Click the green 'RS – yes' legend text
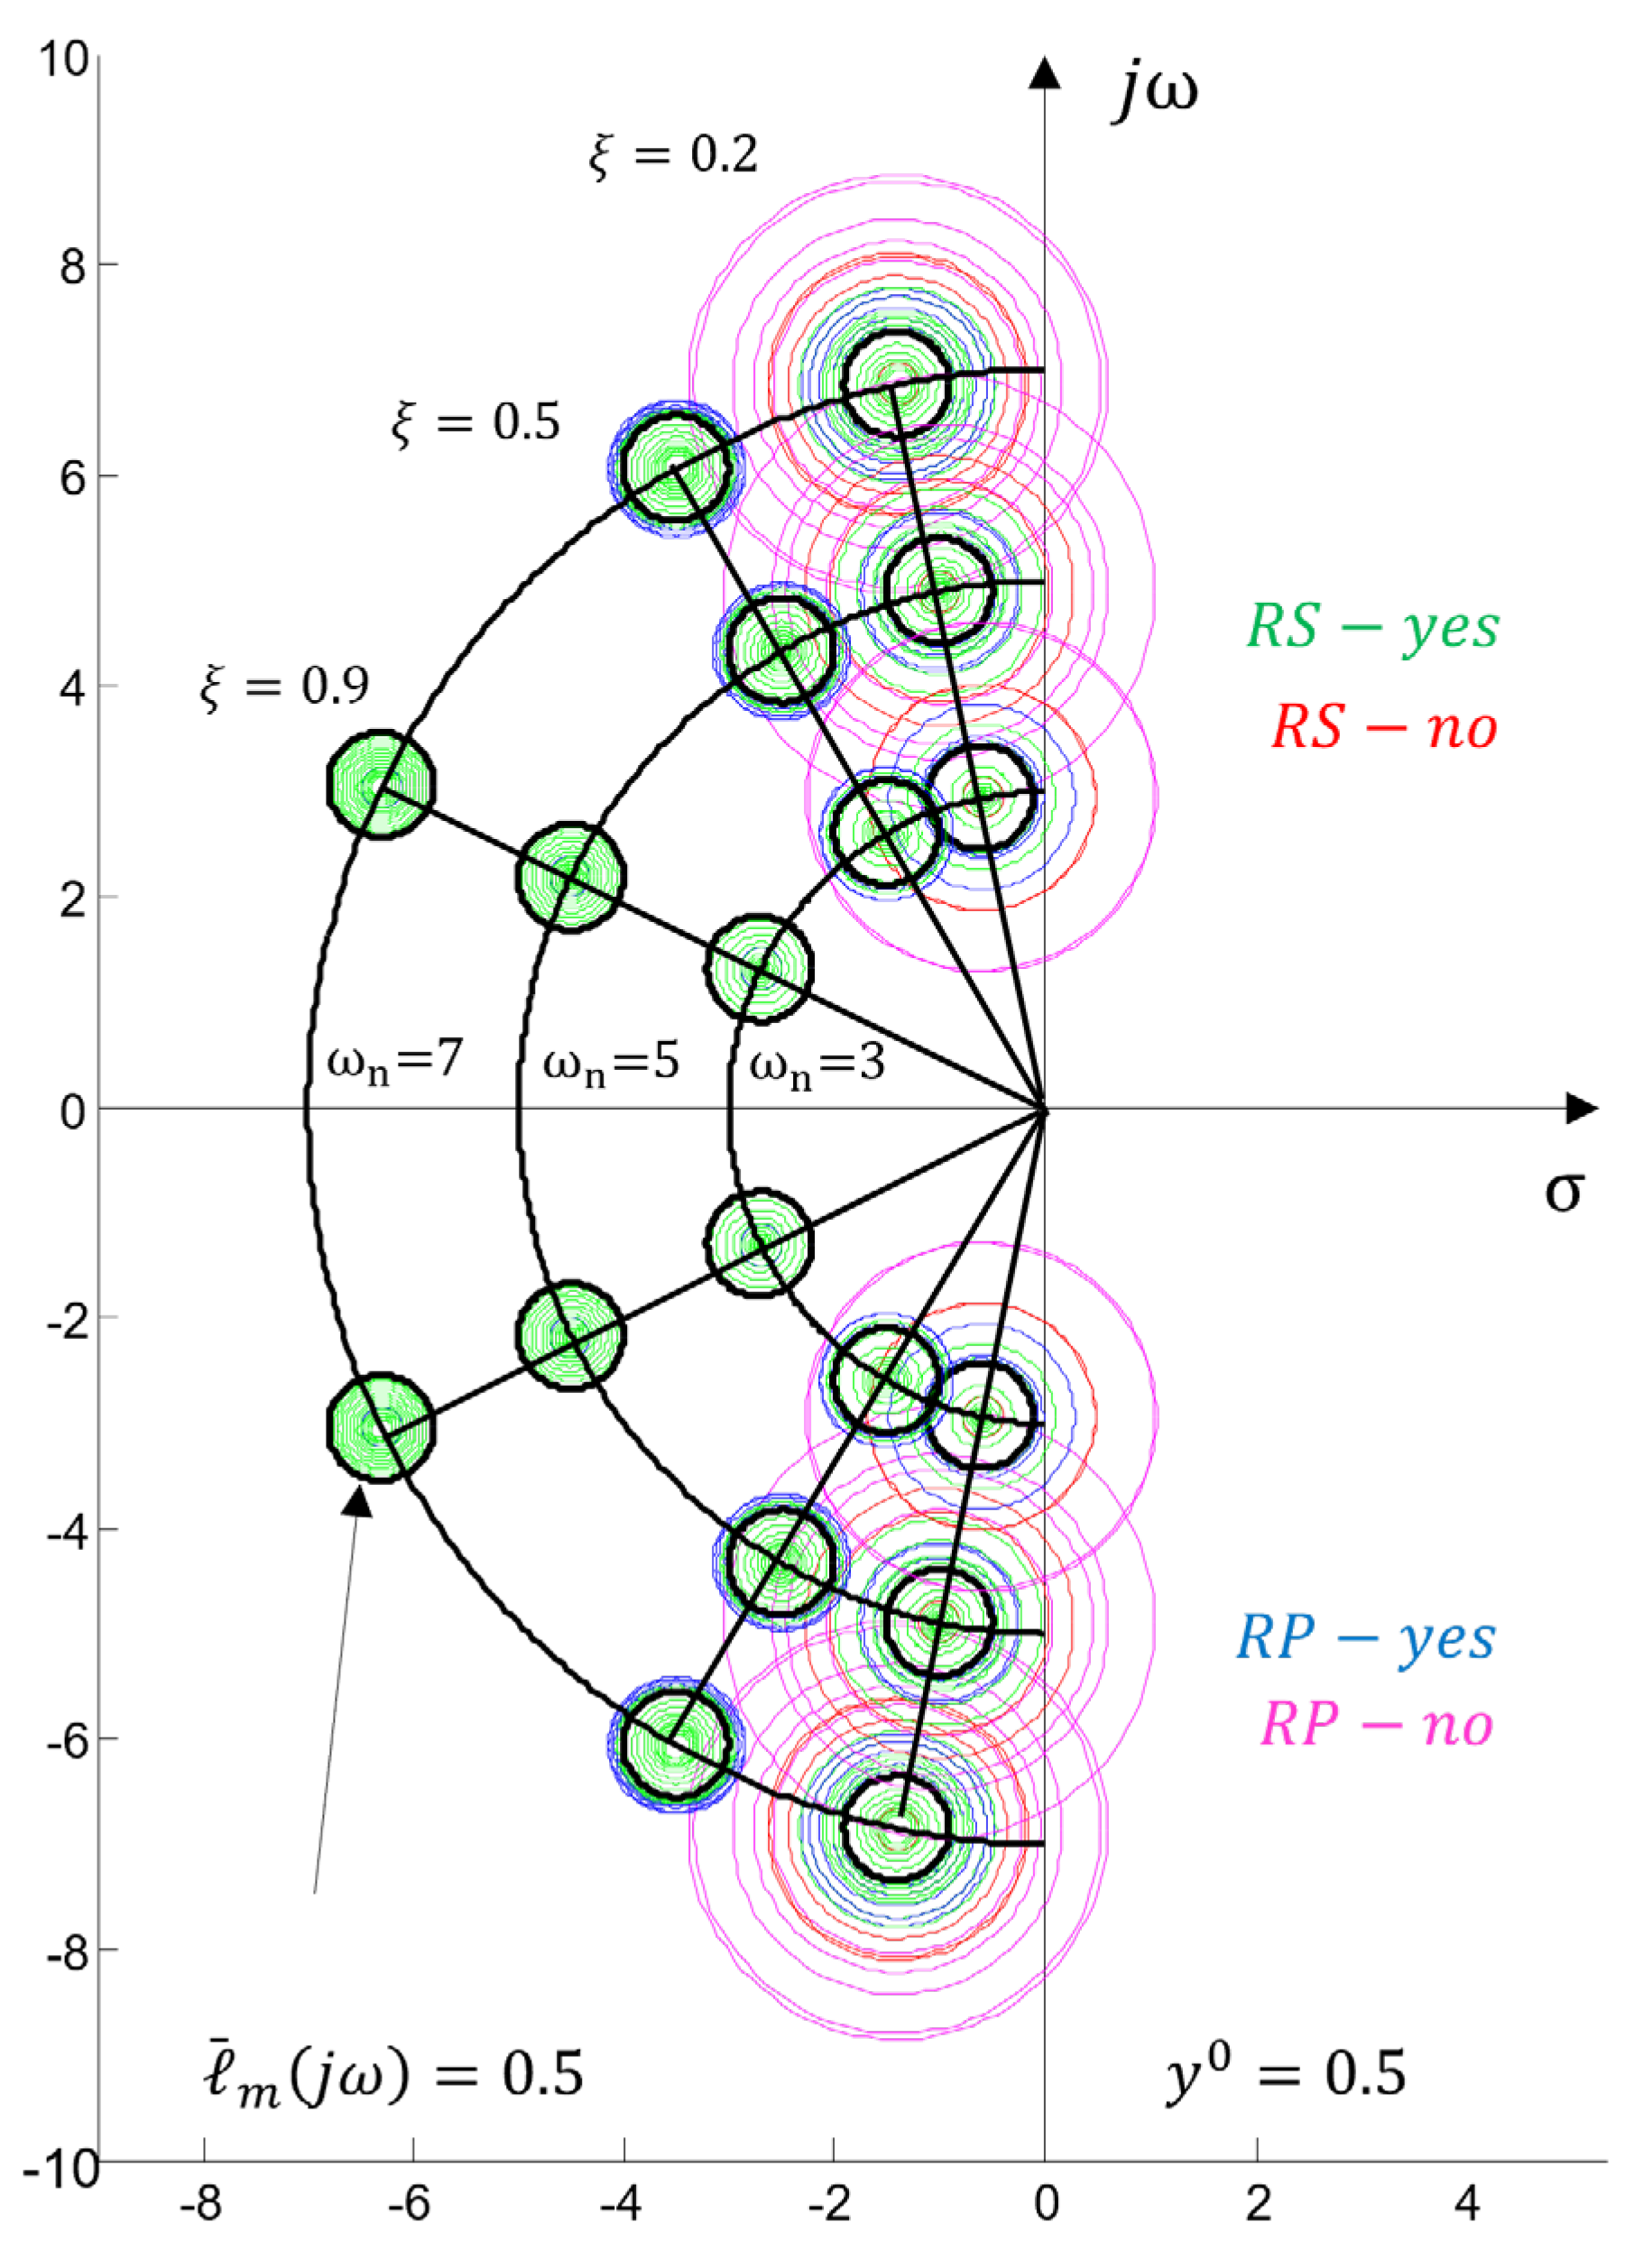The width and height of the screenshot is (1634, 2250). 1372,627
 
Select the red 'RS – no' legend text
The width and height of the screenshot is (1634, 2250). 1384,727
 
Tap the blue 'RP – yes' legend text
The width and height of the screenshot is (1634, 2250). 1366,1638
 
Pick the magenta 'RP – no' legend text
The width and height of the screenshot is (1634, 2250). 1376,1724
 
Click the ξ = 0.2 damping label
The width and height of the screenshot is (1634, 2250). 673,155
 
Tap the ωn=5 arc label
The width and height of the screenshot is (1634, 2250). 610,1064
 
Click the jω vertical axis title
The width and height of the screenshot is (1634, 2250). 1156,91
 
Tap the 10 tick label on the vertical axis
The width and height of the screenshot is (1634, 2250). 63,60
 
